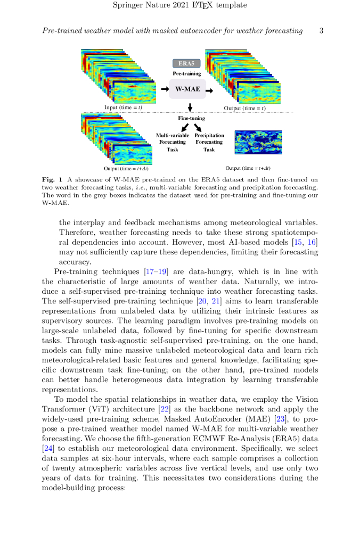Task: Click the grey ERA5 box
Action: click(186, 63)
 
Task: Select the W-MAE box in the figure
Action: click(187, 89)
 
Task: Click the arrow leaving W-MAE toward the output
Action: click(209, 90)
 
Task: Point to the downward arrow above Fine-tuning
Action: click(191, 109)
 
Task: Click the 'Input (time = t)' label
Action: click(123, 108)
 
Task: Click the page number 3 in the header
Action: click(321, 31)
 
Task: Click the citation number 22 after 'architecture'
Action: click(163, 409)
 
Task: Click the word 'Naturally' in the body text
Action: click(257, 282)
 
